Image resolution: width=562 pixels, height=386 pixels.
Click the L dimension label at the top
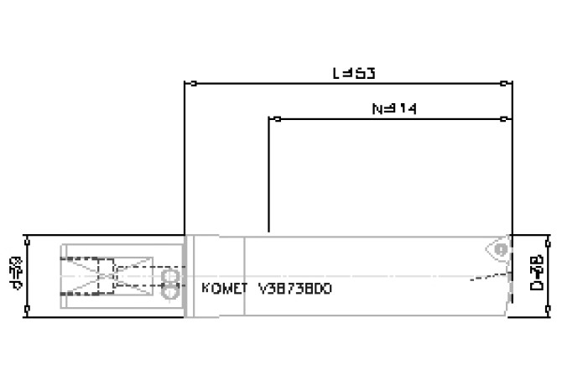coord(352,72)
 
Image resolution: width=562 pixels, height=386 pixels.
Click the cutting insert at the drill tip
coord(500,249)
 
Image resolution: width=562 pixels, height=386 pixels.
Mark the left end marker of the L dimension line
coord(194,83)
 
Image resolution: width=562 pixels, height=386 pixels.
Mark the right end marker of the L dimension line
coord(503,83)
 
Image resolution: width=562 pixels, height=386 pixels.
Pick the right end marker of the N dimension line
coord(503,119)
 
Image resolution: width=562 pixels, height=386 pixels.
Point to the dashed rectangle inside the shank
coord(107,274)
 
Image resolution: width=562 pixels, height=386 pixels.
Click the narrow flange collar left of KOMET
coord(190,274)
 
